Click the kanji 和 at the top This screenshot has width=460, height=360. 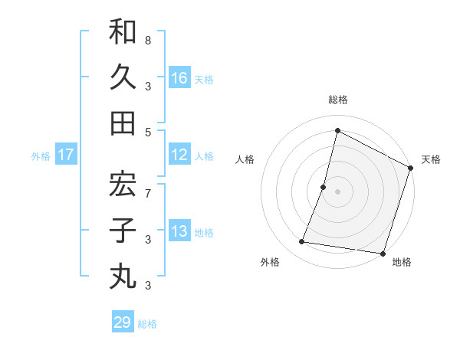[123, 32]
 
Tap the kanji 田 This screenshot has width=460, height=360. [123, 123]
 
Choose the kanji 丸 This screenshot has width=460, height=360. [123, 276]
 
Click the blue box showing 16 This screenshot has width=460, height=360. [180, 78]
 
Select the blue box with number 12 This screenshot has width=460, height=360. [180, 155]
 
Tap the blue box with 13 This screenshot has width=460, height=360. [180, 232]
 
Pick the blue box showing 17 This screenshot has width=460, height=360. [66, 155]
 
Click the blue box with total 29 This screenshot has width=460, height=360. [123, 322]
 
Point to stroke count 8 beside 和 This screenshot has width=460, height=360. [148, 39]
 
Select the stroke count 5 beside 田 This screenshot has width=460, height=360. [148, 132]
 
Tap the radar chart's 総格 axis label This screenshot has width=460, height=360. [338, 100]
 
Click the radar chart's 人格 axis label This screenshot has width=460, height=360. [245, 159]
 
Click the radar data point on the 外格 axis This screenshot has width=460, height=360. [302, 242]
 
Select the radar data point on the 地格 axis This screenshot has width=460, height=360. [382, 253]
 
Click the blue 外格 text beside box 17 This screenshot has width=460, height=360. [41, 156]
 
